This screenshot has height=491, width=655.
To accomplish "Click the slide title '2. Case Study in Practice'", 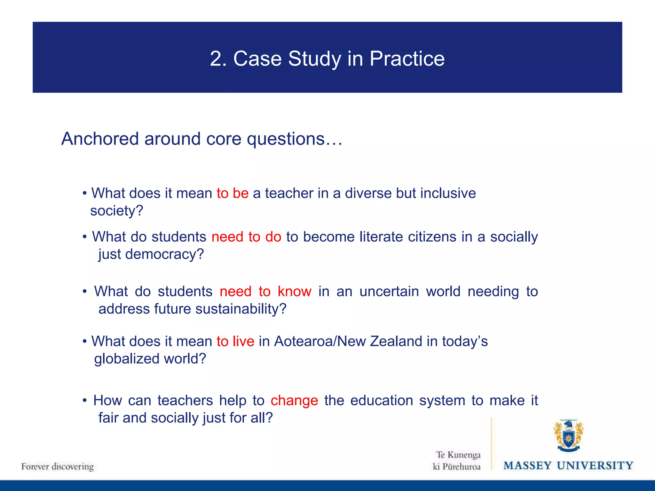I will pyautogui.click(x=327, y=59).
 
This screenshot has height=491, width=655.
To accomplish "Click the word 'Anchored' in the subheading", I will pyautogui.click(x=99, y=139).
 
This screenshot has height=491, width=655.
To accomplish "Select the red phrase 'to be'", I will pyautogui.click(x=233, y=193).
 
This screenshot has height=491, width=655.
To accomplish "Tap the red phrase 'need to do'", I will pyautogui.click(x=246, y=237).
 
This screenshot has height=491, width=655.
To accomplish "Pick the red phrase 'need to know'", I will pyautogui.click(x=265, y=292).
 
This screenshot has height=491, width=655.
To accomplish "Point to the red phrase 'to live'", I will pyautogui.click(x=235, y=341).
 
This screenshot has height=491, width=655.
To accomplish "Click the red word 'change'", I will pyautogui.click(x=294, y=401).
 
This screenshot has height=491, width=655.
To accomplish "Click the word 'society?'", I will pyautogui.click(x=117, y=211).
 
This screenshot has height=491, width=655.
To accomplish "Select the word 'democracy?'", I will pyautogui.click(x=164, y=254).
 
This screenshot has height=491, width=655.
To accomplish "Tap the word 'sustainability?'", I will pyautogui.click(x=241, y=309).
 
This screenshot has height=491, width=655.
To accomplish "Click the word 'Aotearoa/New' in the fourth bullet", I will pyautogui.click(x=320, y=341).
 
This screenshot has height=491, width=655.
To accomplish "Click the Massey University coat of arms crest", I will pyautogui.click(x=568, y=436).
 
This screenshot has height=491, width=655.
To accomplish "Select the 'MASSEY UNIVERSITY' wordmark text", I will pyautogui.click(x=568, y=465).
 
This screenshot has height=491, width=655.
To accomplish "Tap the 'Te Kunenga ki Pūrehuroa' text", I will pyautogui.click(x=457, y=461).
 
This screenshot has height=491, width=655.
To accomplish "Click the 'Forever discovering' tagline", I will pyautogui.click(x=58, y=467).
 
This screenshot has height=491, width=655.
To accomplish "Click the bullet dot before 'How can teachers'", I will pyautogui.click(x=85, y=401).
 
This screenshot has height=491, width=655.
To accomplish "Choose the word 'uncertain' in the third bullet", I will pyautogui.click(x=389, y=292).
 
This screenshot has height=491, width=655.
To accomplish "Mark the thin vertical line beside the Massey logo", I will pyautogui.click(x=492, y=444).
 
